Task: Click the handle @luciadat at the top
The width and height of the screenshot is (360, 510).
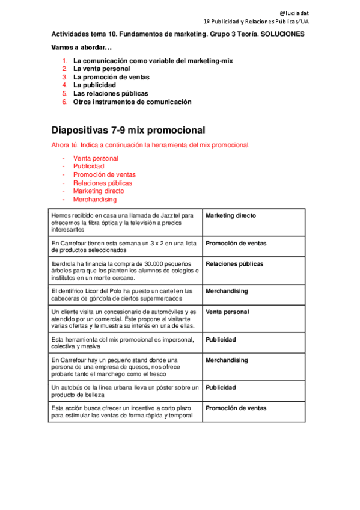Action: click(x=295, y=13)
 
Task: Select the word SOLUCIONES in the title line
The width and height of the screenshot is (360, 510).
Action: click(x=282, y=34)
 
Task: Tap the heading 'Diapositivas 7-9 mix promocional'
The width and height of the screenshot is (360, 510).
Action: click(x=129, y=130)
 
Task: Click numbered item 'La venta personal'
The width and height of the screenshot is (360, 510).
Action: click(x=102, y=69)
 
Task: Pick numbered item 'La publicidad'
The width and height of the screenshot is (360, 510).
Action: click(x=94, y=85)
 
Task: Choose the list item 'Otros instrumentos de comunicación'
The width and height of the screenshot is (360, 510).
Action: click(x=132, y=102)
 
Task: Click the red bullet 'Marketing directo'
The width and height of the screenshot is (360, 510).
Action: click(x=99, y=191)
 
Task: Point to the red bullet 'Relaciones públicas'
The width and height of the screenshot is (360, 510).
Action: click(x=103, y=183)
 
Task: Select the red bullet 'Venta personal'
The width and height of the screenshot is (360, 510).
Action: click(x=96, y=158)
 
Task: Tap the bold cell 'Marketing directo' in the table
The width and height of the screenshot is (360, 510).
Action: click(x=231, y=215)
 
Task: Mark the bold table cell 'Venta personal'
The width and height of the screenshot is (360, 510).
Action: click(x=227, y=312)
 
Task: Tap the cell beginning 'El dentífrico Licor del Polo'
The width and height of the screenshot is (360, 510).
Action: click(x=124, y=295)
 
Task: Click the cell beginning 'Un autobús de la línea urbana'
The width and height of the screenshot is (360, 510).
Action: click(x=125, y=391)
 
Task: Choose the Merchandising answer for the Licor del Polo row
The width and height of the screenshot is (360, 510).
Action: click(x=227, y=291)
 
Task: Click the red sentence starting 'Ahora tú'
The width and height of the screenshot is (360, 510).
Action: click(x=150, y=145)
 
